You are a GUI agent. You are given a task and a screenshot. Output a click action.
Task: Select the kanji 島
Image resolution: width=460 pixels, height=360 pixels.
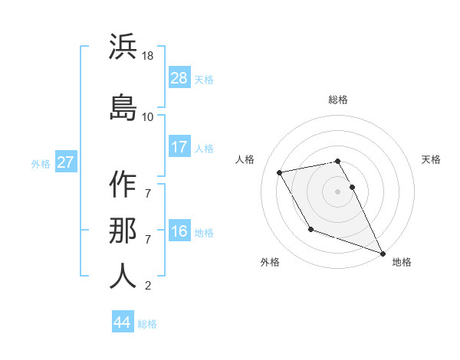pyautogui.click(x=123, y=106)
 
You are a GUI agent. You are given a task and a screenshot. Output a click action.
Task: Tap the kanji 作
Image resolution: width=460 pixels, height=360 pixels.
pyautogui.click(x=123, y=185)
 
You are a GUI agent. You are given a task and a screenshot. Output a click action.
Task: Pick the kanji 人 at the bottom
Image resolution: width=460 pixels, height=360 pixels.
pyautogui.click(x=123, y=276)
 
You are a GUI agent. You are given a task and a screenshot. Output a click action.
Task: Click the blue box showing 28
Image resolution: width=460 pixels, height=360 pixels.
pyautogui.click(x=179, y=78)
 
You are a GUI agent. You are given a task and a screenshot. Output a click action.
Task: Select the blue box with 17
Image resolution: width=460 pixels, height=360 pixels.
pyautogui.click(x=179, y=147)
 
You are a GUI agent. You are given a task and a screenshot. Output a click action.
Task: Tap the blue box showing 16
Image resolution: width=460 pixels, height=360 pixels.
pyautogui.click(x=179, y=232)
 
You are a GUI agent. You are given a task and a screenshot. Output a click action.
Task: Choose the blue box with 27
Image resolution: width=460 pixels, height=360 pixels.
pyautogui.click(x=65, y=162)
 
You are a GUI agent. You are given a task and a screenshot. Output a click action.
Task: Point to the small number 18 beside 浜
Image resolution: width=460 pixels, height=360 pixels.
pyautogui.click(x=149, y=56)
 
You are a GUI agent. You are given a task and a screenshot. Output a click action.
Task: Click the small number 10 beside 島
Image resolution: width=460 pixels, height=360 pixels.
pyautogui.click(x=148, y=116)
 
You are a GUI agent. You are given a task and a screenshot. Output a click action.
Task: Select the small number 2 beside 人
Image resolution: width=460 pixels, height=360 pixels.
pyautogui.click(x=148, y=286)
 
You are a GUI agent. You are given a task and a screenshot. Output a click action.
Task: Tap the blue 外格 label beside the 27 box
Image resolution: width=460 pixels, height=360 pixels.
pyautogui.click(x=40, y=163)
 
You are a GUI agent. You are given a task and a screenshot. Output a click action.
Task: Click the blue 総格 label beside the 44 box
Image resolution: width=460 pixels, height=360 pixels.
pyautogui.click(x=147, y=323)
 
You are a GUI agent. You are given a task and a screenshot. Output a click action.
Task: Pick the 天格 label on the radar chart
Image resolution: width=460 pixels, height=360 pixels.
pyautogui.click(x=431, y=159)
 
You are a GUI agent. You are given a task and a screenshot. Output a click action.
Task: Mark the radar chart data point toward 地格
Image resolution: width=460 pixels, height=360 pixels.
pyautogui.click(x=383, y=253)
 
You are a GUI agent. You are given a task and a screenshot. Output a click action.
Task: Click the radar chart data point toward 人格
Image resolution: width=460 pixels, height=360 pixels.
pyautogui.click(x=280, y=172)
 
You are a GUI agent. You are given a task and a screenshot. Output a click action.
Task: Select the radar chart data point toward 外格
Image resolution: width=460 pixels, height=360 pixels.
pyautogui.click(x=310, y=229)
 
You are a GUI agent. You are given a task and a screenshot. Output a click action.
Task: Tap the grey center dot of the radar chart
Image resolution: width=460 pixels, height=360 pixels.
pyautogui.click(x=338, y=191)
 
